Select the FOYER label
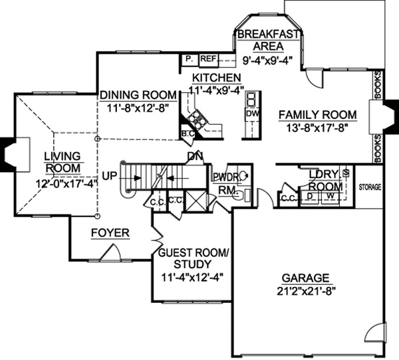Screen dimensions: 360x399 (x=110, y=233)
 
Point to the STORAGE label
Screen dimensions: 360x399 (x=370, y=188)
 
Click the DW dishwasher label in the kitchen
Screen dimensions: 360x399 (x=251, y=114)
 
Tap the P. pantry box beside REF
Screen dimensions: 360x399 (x=189, y=59)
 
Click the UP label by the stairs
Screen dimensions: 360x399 (x=110, y=177)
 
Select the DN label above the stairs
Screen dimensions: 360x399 (x=195, y=157)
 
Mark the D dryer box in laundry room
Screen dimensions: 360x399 (x=309, y=197)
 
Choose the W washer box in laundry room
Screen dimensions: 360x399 (x=330, y=197)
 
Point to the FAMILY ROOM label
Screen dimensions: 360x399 (x=318, y=113)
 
